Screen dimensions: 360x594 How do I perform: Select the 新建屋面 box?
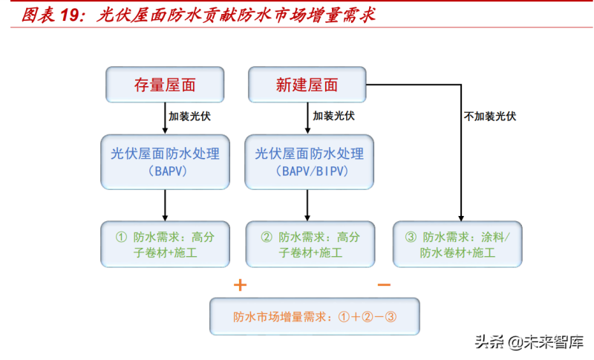click(307, 85)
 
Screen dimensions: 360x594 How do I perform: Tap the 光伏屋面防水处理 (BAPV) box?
click(165, 162)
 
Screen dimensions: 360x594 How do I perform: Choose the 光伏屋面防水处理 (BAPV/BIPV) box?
click(310, 162)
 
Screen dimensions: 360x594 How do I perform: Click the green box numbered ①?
click(165, 244)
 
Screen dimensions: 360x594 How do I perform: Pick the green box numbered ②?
click(310, 244)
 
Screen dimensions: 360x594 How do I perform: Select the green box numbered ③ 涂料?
click(457, 244)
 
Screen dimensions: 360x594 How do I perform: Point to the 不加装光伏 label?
click(489, 116)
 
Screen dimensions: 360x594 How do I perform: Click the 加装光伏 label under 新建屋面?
click(333, 116)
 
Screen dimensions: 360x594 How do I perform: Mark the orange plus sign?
click(240, 285)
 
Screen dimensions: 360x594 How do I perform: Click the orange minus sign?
click(384, 285)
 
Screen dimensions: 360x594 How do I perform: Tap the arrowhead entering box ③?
click(462, 216)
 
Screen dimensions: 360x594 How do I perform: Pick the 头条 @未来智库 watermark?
click(529, 341)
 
